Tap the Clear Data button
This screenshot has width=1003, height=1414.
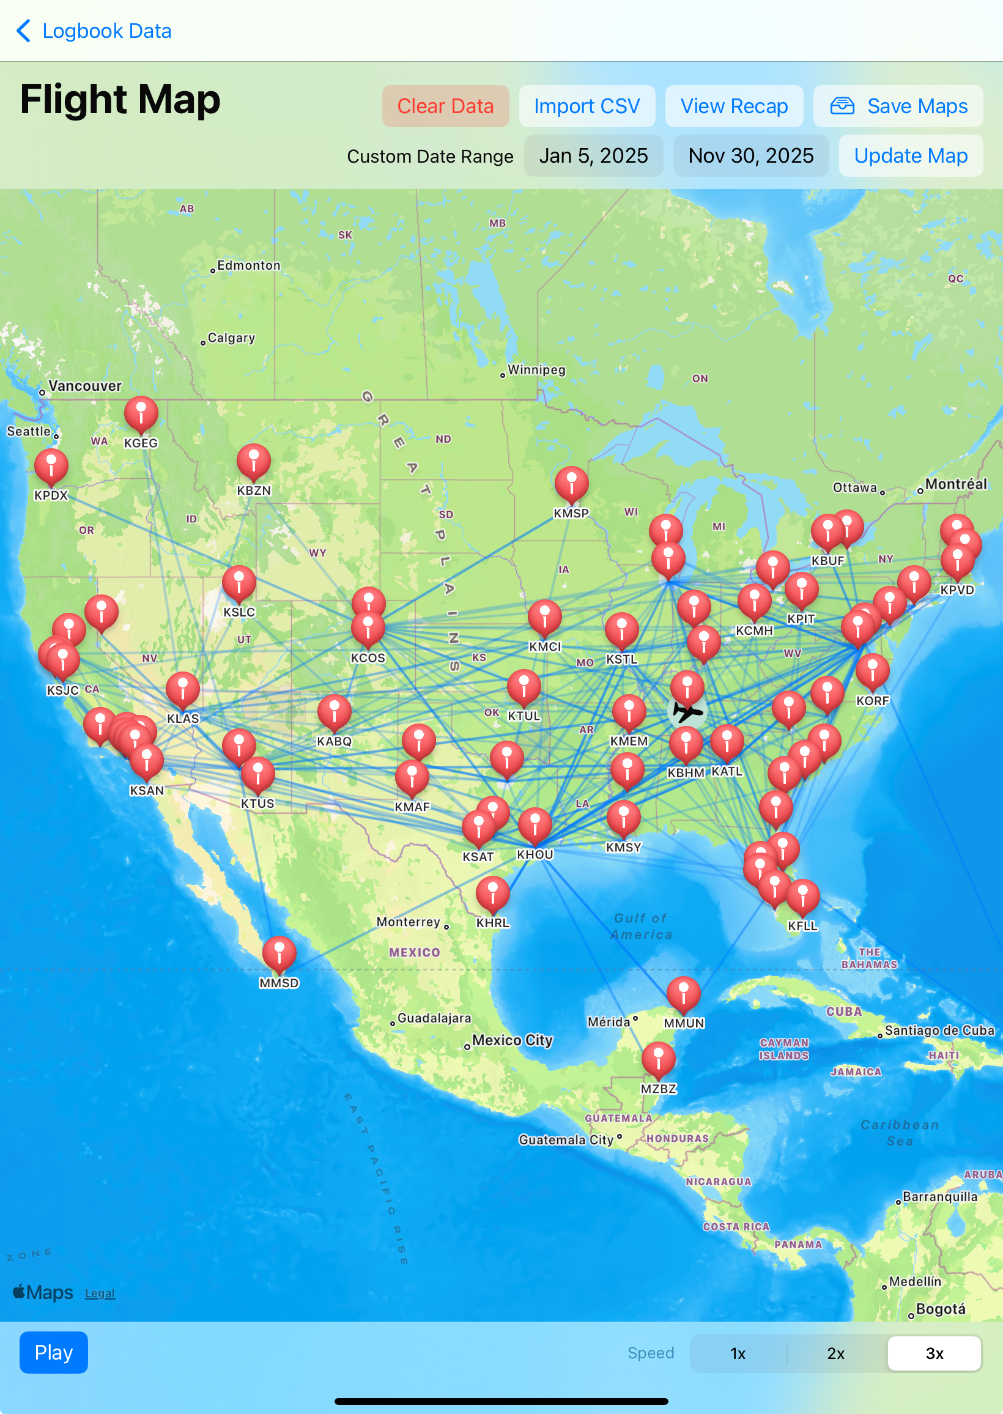445,106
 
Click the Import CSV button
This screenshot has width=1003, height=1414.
586,106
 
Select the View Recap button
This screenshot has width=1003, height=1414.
734,106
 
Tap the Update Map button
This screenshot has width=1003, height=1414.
911,155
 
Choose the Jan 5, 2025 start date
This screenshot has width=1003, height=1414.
593,155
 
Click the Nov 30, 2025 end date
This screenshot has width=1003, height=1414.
750,155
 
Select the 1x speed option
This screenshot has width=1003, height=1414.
738,1353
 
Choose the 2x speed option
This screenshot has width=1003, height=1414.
835,1353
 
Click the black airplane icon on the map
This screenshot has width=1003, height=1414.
687,712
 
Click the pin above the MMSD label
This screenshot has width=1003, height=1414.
279,952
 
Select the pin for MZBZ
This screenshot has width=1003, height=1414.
659,1057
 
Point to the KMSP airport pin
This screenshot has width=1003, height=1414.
571,483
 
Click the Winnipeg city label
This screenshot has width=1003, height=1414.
536,370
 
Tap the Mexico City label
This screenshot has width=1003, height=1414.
512,1040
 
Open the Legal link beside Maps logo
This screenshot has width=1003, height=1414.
100,1293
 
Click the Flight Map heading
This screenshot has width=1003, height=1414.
120,100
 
